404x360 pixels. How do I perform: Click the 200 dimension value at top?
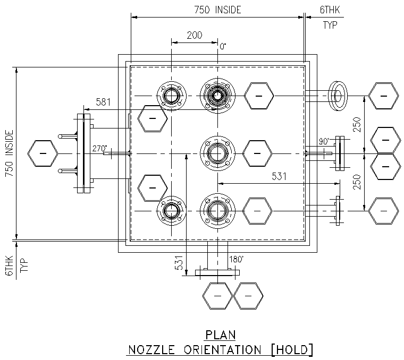pos(195,36)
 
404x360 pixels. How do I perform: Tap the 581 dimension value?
pos(104,102)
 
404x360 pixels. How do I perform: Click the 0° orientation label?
pos(223,47)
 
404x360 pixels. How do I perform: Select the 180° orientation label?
pos(235,260)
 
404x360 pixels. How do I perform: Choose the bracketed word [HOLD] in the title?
pos(291,349)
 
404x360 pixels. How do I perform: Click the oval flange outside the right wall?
pos(338,96)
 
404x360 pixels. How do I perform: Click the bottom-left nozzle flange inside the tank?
pos(172,211)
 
